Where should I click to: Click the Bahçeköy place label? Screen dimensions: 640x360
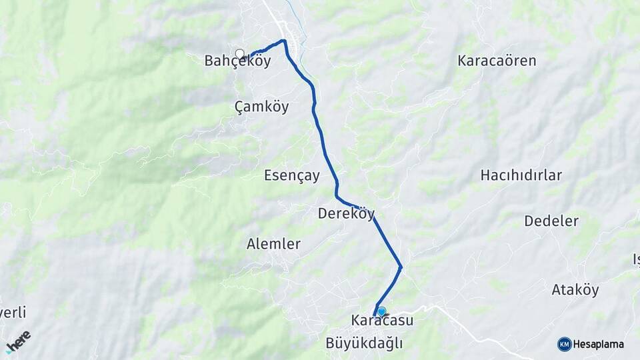point(237,61)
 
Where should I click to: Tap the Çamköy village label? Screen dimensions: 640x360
point(262,106)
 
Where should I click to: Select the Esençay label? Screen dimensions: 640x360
point(292,176)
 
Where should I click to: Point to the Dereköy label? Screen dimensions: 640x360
point(346,214)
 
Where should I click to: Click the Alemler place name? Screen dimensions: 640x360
point(273,244)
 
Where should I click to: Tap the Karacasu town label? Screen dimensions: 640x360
point(383,321)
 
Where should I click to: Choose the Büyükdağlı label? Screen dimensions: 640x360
point(365,343)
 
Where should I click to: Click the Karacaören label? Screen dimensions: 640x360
point(497,61)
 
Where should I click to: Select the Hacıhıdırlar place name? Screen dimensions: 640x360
point(521,176)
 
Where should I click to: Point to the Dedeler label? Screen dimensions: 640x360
point(551,221)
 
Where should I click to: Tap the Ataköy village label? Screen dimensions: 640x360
point(575,290)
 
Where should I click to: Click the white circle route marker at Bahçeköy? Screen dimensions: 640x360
point(240,53)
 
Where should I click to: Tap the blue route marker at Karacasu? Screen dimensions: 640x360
point(381,311)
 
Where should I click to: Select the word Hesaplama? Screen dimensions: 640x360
point(599,345)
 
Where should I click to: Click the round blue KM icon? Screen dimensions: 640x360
point(565,344)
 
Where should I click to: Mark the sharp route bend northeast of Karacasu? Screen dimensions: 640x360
point(401,267)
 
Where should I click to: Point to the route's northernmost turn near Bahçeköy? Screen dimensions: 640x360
point(285,41)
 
